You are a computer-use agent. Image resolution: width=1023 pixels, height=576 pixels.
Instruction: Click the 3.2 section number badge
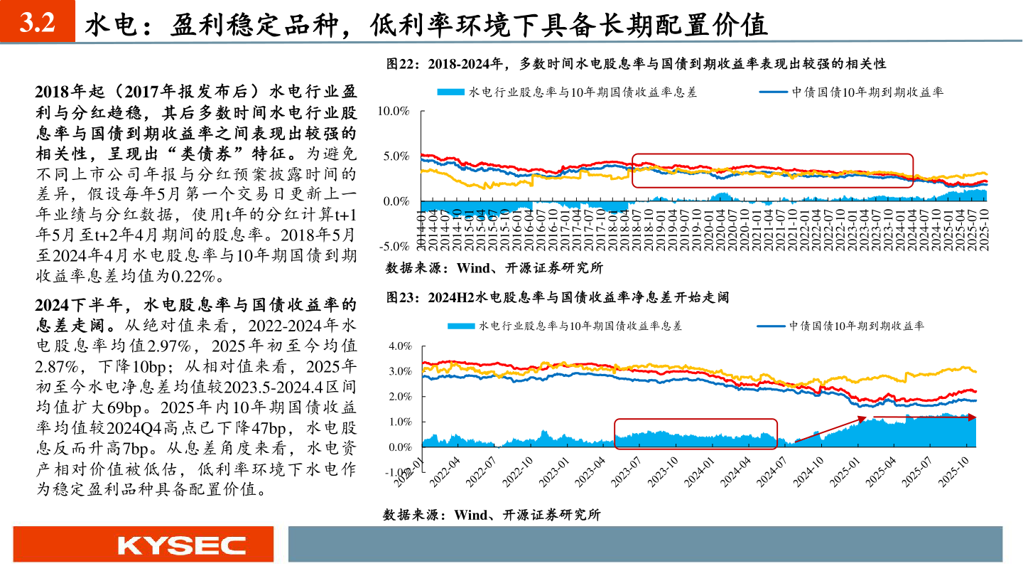coord(37,23)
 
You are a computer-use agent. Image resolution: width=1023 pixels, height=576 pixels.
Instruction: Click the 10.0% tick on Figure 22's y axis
coord(394,111)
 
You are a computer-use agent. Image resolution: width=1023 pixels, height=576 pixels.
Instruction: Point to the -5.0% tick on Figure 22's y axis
coord(394,247)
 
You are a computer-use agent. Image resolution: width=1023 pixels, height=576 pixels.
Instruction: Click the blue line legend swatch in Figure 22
coord(774,92)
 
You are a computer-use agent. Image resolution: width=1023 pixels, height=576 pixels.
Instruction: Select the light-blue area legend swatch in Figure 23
coord(461,326)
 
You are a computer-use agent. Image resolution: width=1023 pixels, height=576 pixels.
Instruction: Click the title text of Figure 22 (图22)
coord(636,64)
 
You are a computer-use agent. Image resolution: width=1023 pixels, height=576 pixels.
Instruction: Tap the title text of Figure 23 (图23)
coord(558,297)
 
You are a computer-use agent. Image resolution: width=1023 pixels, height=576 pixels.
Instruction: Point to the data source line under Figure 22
coord(494,268)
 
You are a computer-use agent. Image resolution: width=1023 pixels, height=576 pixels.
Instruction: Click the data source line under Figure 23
coord(492,515)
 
